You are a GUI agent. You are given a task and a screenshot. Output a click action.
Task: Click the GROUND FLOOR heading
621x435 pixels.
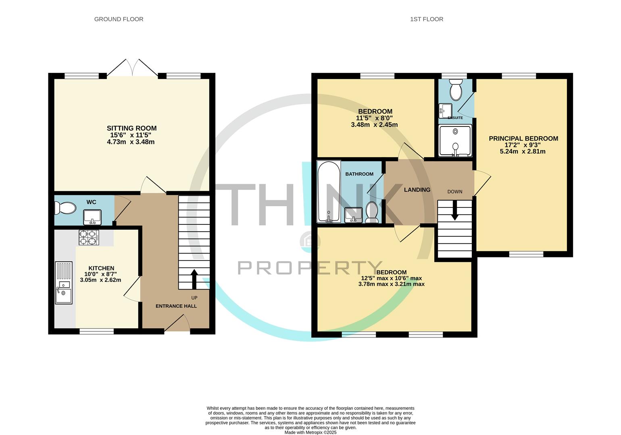(119, 19)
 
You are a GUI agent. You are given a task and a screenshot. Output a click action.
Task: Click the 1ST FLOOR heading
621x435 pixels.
(427, 19)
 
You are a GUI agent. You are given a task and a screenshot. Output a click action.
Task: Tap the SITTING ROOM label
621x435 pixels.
(131, 128)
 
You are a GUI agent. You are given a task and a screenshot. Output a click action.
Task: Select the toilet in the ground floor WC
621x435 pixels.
(65, 208)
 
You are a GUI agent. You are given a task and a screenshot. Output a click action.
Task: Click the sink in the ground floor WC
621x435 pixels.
(92, 217)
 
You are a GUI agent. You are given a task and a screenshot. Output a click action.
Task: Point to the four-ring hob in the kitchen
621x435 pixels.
(89, 238)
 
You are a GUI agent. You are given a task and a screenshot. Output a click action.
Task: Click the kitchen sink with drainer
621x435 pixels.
(64, 283)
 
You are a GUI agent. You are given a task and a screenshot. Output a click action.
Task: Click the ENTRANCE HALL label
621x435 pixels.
(176, 306)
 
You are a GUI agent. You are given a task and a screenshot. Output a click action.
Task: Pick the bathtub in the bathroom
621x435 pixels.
(329, 191)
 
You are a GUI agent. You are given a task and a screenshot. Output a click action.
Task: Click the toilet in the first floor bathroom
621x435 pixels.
(371, 212)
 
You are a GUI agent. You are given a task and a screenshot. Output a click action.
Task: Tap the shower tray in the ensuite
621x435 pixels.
(455, 141)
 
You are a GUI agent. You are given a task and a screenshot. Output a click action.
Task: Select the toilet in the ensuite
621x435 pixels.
(456, 89)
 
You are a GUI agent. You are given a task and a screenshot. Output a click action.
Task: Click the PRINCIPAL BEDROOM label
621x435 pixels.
(523, 139)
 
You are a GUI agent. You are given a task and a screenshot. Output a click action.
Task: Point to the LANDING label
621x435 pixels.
(417, 190)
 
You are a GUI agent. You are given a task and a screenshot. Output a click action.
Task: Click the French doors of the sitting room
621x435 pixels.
(133, 68)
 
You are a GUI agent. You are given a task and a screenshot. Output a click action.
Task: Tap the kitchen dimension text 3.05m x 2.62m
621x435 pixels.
(100, 280)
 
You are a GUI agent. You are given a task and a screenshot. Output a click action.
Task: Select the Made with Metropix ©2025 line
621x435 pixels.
(310, 432)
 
